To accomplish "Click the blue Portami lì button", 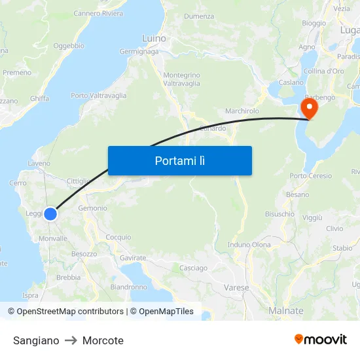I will point(179,160).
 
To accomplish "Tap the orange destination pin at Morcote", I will point(308,107).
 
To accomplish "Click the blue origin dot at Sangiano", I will point(50,213).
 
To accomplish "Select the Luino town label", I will point(154,39).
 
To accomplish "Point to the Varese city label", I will point(236,287).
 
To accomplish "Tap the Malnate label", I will point(286,310).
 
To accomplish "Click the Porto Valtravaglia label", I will point(99,96).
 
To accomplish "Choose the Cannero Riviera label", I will point(98,13).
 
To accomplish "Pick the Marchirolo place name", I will point(242,111).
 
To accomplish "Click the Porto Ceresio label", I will point(311,175).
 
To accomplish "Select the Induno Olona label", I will point(249,245).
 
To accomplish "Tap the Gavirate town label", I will point(133,258).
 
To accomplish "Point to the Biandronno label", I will point(129,287).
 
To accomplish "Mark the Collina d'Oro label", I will point(324,71).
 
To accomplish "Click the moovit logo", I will point(321,340).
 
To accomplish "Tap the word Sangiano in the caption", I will point(36,340).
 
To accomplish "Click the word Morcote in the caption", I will point(103,340).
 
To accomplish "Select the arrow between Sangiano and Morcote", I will point(71,340).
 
